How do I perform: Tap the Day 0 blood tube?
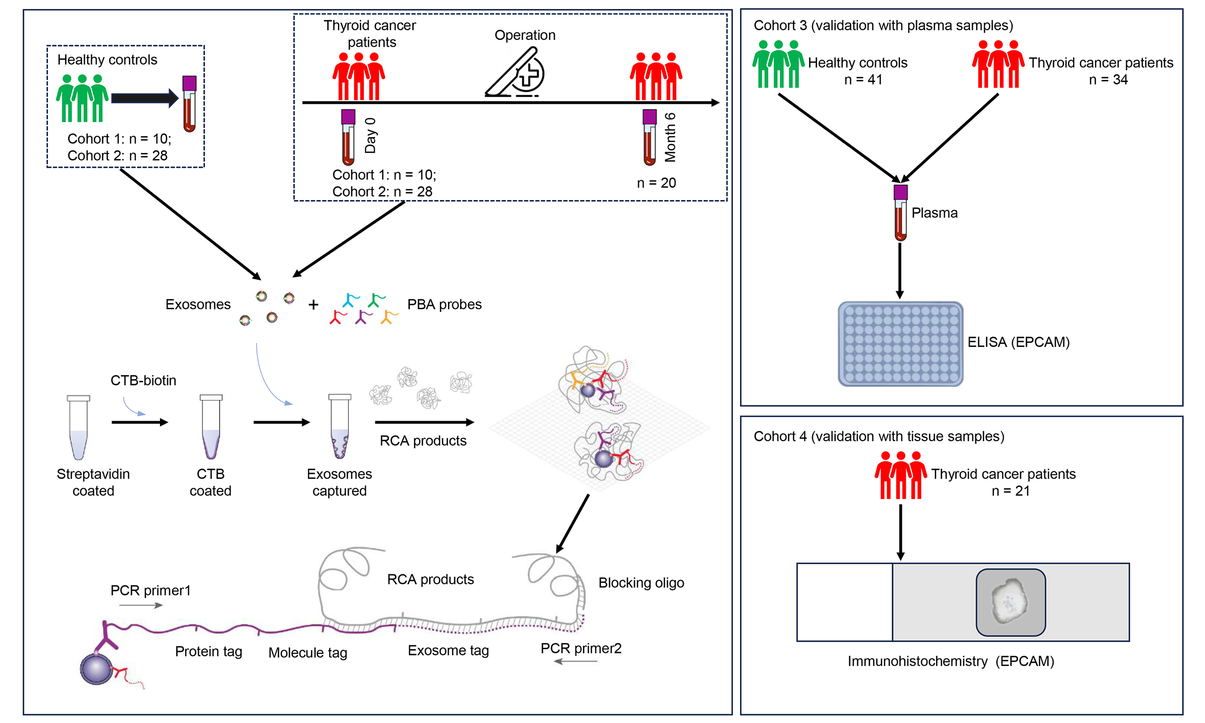coord(348,137)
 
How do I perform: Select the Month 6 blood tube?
coord(649,137)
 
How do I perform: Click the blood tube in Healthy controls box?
coord(190,103)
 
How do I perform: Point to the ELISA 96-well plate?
coord(900,344)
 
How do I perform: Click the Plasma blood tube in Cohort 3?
coord(900,212)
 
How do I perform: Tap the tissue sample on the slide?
coord(1010,602)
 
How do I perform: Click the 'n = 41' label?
coord(863,80)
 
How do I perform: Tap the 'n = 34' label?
coord(1108,80)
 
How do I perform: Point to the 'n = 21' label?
coord(1011,490)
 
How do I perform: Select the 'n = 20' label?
coord(656,183)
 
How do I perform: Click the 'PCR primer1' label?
coord(150,590)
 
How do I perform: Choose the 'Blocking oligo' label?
coord(641,583)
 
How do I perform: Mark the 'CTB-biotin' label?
coord(143,380)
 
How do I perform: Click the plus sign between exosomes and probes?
coord(313,305)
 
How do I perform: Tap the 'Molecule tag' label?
coord(307,652)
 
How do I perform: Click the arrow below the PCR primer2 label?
coord(576,661)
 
